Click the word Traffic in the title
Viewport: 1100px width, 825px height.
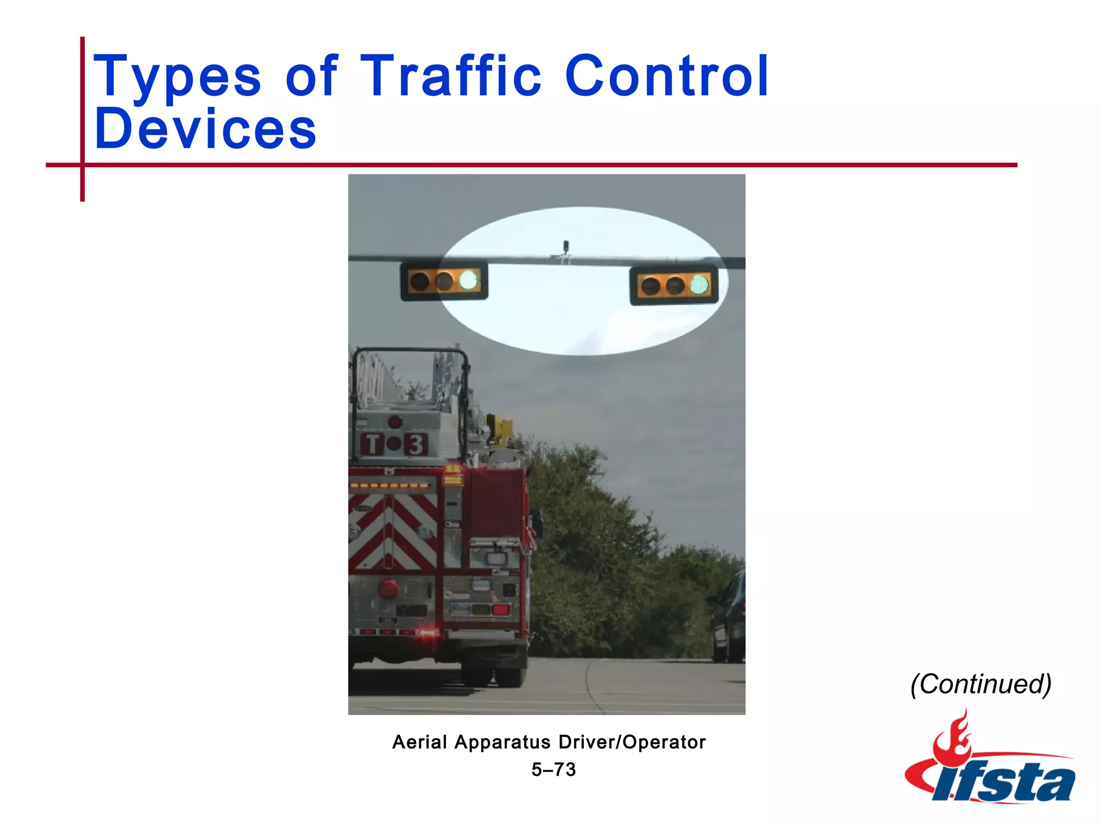pyautogui.click(x=450, y=76)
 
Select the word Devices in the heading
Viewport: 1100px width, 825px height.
pyautogui.click(x=205, y=129)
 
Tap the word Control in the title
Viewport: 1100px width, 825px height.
pyautogui.click(x=667, y=76)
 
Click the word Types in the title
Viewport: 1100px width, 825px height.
pyautogui.click(x=177, y=76)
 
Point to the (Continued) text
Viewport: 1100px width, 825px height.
pyautogui.click(x=981, y=684)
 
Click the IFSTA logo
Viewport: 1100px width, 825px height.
pyautogui.click(x=989, y=763)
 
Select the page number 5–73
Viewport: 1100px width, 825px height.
pyautogui.click(x=553, y=770)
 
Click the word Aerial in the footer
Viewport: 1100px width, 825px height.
pyautogui.click(x=419, y=742)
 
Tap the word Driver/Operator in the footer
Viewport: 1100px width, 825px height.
pyautogui.click(x=632, y=742)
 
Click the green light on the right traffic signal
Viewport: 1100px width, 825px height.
pyautogui.click(x=699, y=285)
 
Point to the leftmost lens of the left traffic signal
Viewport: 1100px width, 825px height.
pyautogui.click(x=419, y=281)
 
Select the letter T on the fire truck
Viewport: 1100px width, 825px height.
pyautogui.click(x=372, y=444)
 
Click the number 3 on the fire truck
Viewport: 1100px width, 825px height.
pyautogui.click(x=416, y=444)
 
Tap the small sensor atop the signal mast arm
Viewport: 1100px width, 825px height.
pyautogui.click(x=565, y=247)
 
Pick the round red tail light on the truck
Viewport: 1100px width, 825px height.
pyautogui.click(x=388, y=589)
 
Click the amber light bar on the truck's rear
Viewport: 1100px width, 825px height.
pyautogui.click(x=390, y=485)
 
